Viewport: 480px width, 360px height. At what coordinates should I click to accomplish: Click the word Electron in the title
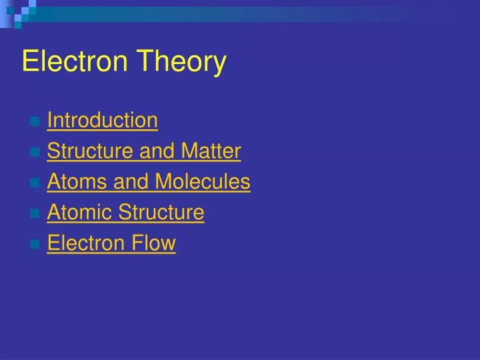[69, 62]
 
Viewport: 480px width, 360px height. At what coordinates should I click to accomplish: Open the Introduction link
[103, 121]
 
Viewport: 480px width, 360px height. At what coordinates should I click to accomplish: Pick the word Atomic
[79, 213]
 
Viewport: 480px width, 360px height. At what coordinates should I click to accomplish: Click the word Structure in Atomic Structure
[161, 213]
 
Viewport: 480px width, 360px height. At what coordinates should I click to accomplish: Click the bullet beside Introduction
[34, 122]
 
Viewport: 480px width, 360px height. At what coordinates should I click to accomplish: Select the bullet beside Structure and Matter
[34, 153]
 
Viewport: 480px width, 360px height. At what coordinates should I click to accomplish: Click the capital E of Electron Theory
[29, 62]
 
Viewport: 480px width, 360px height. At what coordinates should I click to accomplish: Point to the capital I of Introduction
[49, 121]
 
